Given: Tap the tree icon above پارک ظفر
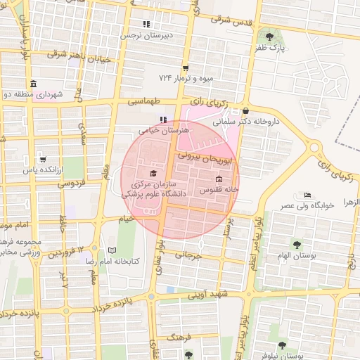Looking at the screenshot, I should pos(268,36).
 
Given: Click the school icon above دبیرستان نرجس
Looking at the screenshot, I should pos(146,24).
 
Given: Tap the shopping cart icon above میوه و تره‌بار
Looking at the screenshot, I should pos(186,67).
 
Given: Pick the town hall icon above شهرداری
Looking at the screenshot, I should pos(34,84).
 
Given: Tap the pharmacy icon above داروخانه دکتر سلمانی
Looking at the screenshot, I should pos(245,110).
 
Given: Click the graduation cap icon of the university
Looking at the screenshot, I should pos(154,173).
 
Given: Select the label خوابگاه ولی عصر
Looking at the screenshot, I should pos(307,205).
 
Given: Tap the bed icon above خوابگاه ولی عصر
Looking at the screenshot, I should pos(307,195).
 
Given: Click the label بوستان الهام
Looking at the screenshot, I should pos(297,255).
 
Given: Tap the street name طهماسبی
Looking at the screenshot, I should pos(144,102).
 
